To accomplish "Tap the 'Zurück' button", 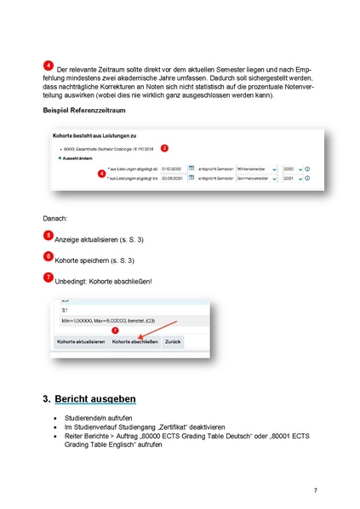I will [x=173, y=341].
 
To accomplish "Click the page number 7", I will [x=315, y=490].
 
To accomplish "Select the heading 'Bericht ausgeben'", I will [x=94, y=398].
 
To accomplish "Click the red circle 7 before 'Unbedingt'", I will [x=48, y=277].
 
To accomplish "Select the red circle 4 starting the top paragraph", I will [x=49, y=66].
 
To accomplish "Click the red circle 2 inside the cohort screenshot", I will [x=164, y=148].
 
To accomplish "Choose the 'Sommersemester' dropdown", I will [x=257, y=180].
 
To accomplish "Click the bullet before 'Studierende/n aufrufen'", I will [x=55, y=420].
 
